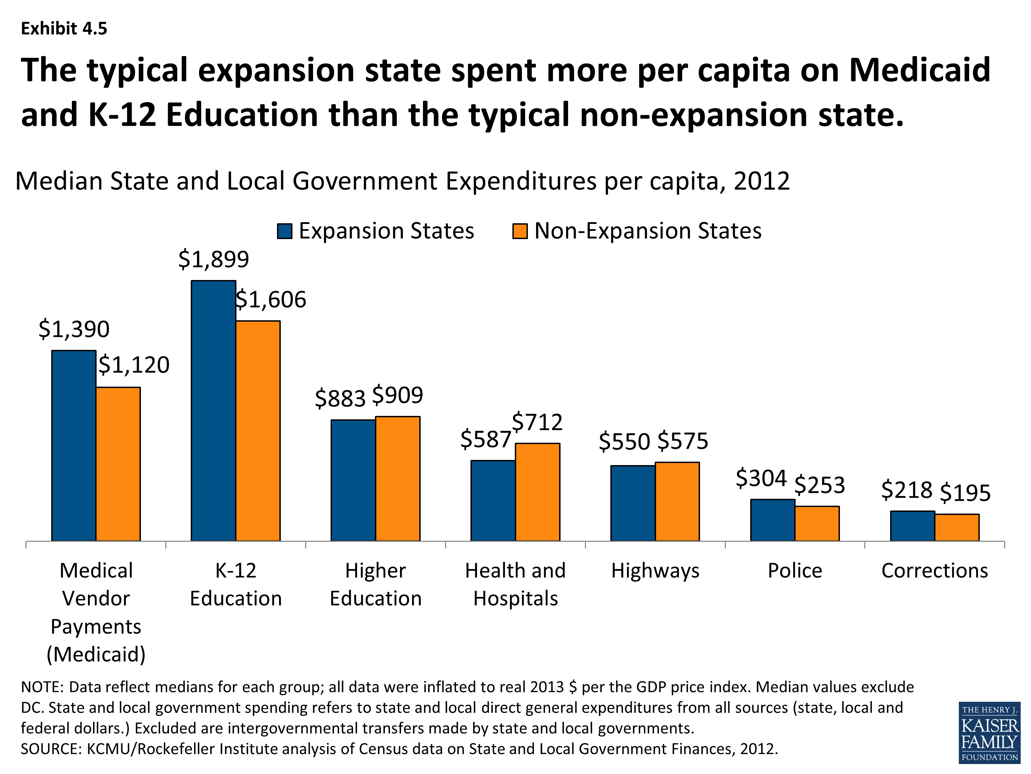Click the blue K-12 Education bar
coord(213,410)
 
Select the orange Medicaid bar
coord(118,464)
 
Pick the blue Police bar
coord(772,520)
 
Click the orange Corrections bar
coord(957,527)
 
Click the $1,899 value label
coord(213,259)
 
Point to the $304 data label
coord(761,478)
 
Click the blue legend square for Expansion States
coord(284,231)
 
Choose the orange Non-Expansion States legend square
coord(520,231)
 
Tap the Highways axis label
coord(655,571)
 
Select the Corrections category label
coord(934,571)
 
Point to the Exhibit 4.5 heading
coord(64,29)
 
